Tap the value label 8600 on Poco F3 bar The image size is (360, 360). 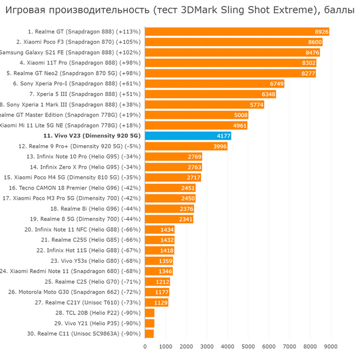coord(314,42)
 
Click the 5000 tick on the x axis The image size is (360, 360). coord(248,346)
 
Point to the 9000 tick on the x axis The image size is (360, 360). coord(331,346)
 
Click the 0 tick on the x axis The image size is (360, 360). coord(145,346)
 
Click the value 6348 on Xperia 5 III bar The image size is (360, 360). coord(268,94)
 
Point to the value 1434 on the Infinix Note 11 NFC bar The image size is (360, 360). coord(167,229)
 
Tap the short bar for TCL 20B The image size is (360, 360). coord(149,313)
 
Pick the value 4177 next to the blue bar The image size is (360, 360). coord(223,136)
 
